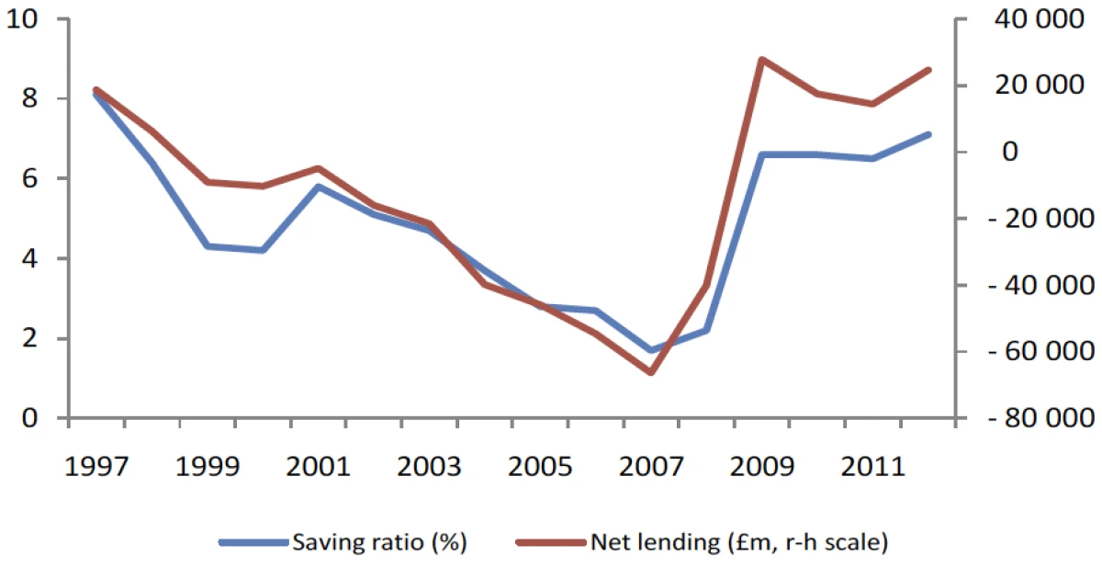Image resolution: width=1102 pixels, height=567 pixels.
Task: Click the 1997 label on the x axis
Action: click(96, 468)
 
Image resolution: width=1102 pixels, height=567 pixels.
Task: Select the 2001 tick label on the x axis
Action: click(317, 468)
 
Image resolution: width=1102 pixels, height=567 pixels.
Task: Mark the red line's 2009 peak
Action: click(761, 59)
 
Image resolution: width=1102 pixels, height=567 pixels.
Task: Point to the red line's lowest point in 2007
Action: click(650, 372)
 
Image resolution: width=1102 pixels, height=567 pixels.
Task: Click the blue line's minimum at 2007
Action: click(650, 350)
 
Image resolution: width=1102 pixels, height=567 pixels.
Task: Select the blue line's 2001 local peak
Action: click(318, 187)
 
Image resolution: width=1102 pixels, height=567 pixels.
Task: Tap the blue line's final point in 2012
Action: click(928, 134)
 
